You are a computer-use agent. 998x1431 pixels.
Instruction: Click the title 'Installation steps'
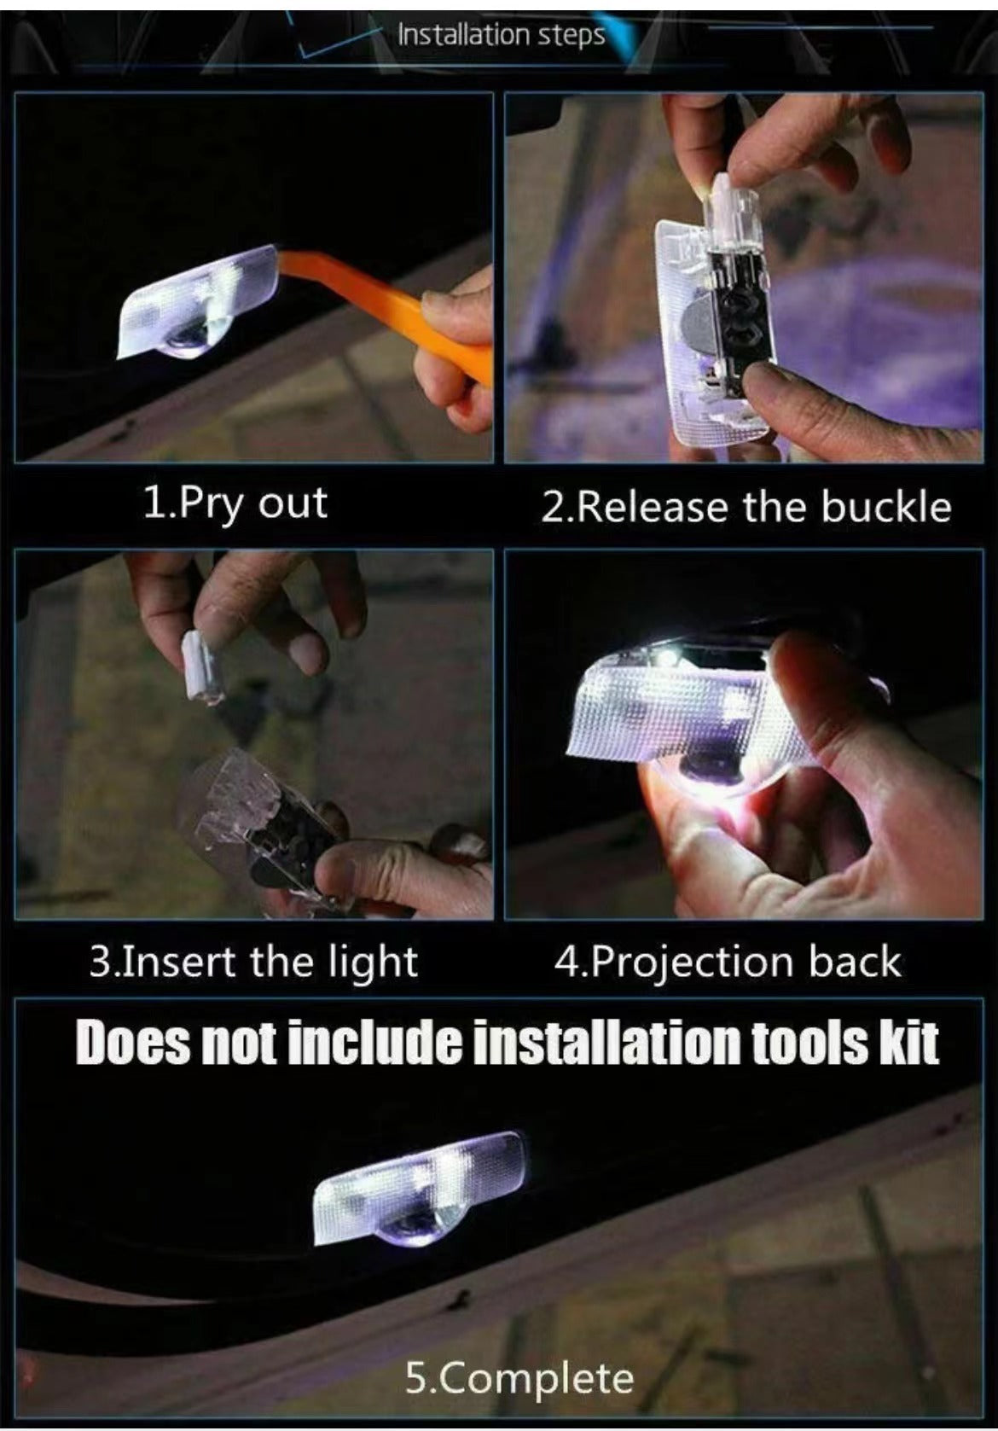click(x=502, y=34)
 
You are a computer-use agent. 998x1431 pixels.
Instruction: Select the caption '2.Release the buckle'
click(x=746, y=508)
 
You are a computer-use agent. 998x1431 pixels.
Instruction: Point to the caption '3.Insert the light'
click(x=253, y=962)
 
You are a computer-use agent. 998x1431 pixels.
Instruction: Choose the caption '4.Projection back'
click(x=728, y=962)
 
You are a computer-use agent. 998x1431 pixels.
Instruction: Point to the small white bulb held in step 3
click(x=200, y=666)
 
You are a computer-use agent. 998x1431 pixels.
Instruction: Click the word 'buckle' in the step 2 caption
click(x=887, y=508)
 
